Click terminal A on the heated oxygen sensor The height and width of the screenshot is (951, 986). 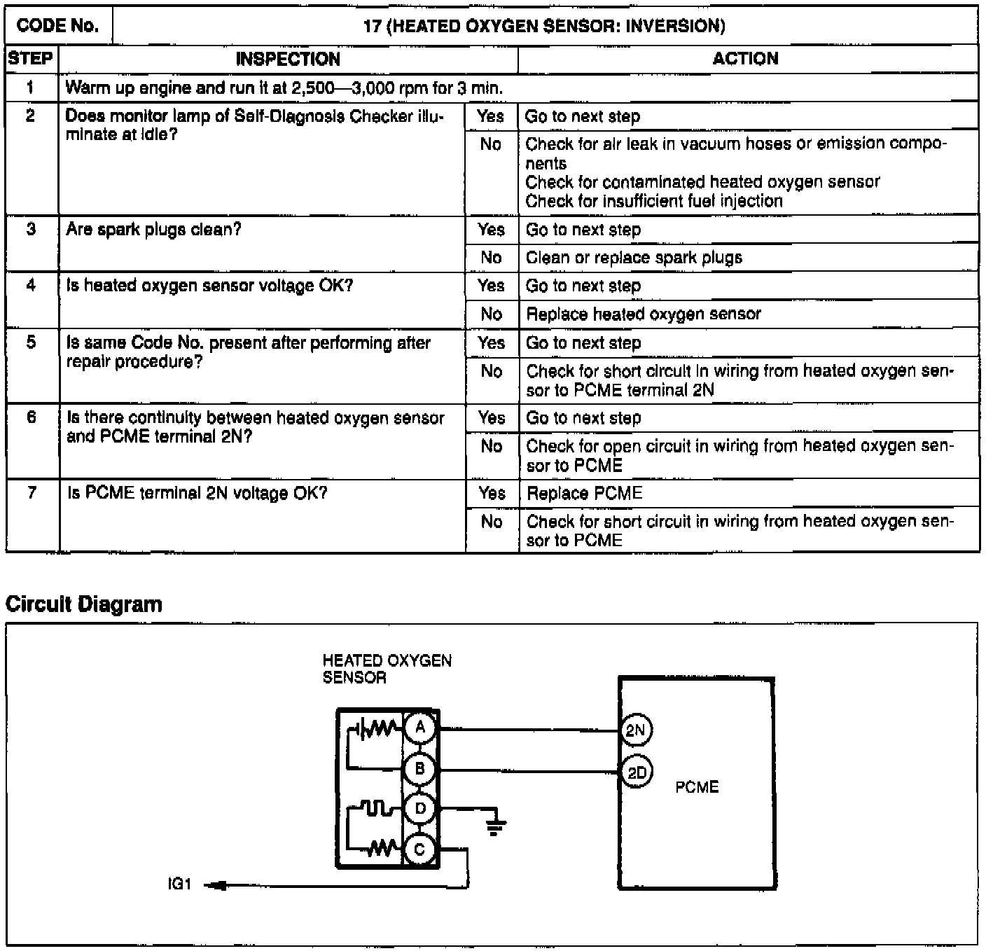[420, 728]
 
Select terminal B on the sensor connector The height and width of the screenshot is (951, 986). [420, 769]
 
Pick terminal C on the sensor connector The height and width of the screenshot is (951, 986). [420, 850]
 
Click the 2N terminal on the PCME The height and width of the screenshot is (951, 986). [636, 731]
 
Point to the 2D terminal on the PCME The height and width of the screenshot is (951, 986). [636, 772]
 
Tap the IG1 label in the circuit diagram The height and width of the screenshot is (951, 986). [179, 884]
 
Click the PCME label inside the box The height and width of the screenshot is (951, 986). [697, 787]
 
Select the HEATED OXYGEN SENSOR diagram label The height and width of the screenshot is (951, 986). [387, 669]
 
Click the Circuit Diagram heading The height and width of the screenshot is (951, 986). [84, 604]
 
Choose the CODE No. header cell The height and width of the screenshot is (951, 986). [58, 27]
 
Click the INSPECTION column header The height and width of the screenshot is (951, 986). [288, 59]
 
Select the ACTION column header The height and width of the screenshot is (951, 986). [745, 59]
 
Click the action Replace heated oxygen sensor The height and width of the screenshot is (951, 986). [643, 314]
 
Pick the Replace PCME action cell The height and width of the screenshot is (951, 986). [584, 494]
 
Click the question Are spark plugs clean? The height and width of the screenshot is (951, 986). [153, 230]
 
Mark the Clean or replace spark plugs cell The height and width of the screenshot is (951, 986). [634, 258]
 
